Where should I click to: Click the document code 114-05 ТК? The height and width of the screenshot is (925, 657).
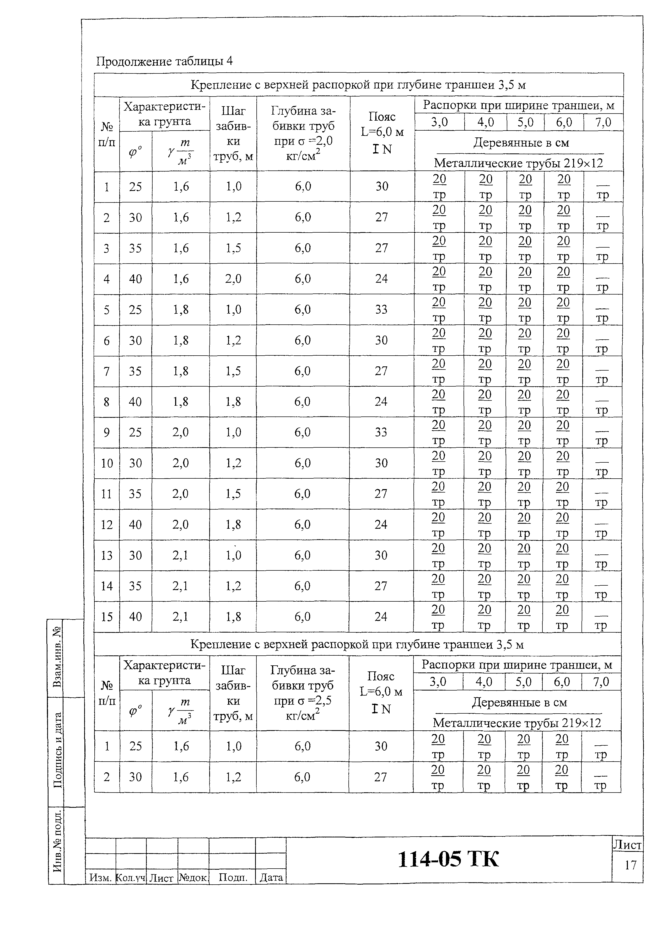[x=448, y=859]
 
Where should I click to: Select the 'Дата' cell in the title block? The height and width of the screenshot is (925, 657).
[x=271, y=877]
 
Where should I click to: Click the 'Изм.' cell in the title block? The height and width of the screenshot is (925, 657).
[x=100, y=877]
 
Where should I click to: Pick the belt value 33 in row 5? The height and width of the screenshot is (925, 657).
[x=381, y=309]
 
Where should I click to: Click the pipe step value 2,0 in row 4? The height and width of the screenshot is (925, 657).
[x=233, y=279]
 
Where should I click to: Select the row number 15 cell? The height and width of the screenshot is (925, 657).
[x=107, y=617]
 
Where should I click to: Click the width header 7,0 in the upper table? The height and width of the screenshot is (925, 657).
[x=603, y=122]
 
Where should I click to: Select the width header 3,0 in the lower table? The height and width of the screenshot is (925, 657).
[x=438, y=682]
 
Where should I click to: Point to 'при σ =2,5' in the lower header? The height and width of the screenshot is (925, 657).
[x=302, y=701]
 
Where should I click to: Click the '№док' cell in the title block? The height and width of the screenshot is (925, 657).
[x=193, y=877]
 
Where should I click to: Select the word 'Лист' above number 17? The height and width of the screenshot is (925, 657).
[x=627, y=845]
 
